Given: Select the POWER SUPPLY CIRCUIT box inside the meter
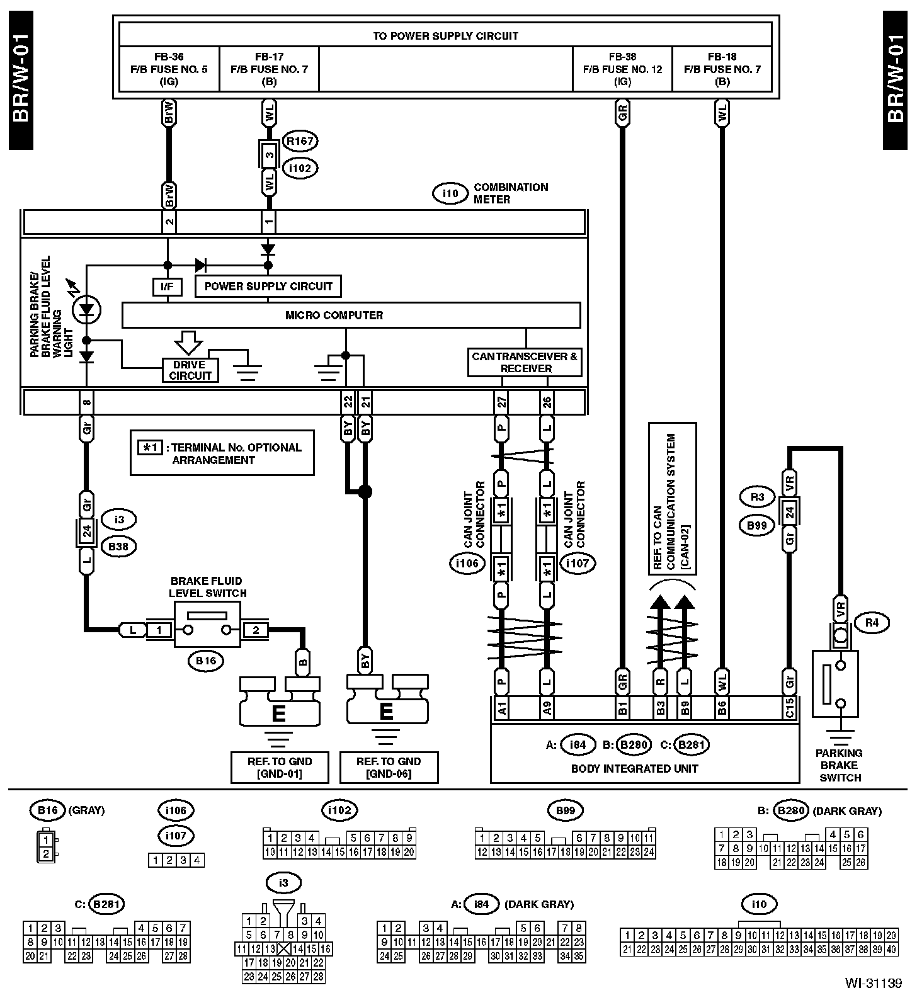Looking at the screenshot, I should coord(268,287).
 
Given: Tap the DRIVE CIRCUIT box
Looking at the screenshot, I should coord(190,370).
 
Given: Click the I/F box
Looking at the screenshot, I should coord(167,287).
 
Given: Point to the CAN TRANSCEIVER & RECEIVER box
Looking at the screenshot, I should coord(525,362).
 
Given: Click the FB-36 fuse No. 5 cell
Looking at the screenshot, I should coord(169,69).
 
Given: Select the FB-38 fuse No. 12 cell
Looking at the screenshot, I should coord(622,69).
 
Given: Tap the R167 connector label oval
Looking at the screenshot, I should coord(300,141).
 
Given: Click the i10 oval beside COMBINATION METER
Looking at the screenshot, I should coord(450,193).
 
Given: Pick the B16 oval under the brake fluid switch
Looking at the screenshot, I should coord(206,661).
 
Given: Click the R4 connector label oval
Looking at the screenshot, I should coord(872,623).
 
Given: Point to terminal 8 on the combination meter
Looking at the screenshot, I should coord(87,402).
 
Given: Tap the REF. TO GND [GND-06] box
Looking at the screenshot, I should coord(389,767).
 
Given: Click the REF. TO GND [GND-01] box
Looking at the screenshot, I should coord(280,767).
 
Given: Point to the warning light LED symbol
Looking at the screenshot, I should coord(86,309).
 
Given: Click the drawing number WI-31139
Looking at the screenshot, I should coord(875,983).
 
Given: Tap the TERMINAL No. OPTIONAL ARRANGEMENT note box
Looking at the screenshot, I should coord(222,453).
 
